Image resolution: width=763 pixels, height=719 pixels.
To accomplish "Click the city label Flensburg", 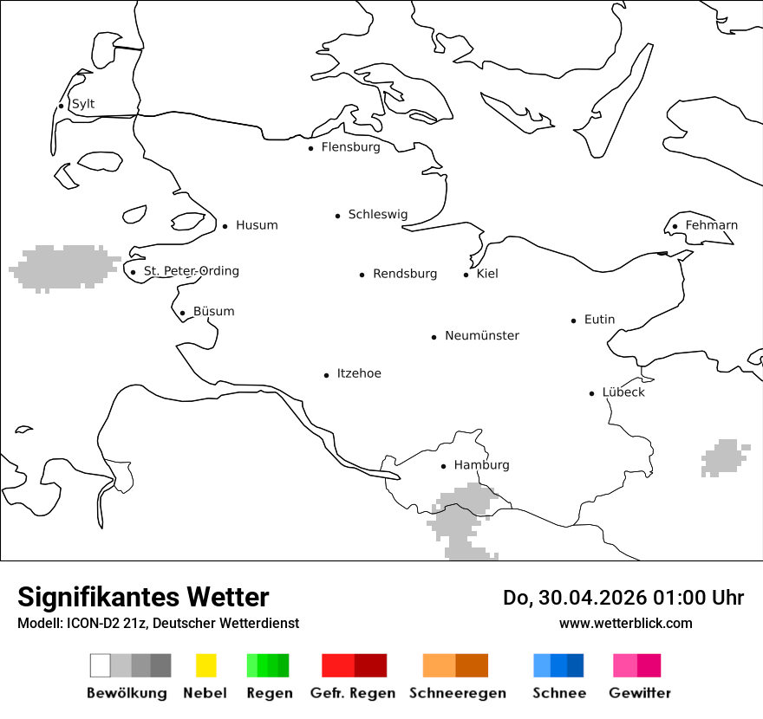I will click(350, 147).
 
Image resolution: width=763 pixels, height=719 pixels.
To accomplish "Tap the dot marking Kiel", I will click(466, 275).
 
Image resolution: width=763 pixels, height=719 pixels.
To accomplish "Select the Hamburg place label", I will click(481, 465).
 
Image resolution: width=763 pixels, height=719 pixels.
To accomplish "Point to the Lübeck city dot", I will click(592, 393).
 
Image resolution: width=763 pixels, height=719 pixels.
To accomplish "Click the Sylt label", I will click(83, 104).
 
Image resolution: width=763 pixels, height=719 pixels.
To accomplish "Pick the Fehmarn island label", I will click(711, 225).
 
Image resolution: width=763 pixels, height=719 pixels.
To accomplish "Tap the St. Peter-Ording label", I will click(191, 271).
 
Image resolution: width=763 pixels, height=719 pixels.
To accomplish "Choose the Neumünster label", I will click(482, 335).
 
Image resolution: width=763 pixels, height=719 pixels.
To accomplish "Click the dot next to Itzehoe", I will click(327, 375).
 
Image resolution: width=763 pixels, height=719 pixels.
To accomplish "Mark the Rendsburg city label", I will click(405, 274).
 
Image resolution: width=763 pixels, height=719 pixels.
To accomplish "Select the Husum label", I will click(257, 225).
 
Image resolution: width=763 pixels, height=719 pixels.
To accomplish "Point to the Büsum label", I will click(213, 311).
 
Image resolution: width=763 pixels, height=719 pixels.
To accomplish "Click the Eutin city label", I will click(599, 320).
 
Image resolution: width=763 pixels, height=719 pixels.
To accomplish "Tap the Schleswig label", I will click(377, 214).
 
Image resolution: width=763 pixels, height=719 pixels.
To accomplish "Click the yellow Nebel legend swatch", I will click(205, 665).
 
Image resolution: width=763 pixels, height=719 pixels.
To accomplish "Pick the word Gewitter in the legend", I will click(639, 693).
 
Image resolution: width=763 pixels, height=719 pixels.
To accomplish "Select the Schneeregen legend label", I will click(457, 693).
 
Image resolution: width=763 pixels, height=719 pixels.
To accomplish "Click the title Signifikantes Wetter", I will click(143, 597).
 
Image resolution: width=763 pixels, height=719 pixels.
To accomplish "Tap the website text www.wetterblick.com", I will click(625, 623).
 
